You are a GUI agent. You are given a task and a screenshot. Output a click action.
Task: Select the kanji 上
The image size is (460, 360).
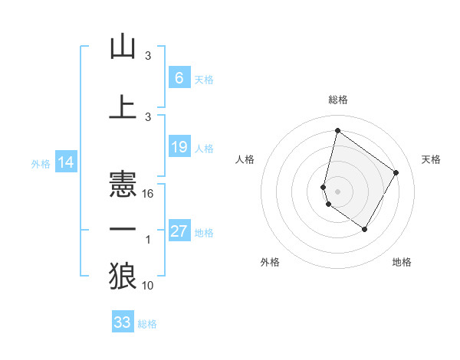pos(123,106)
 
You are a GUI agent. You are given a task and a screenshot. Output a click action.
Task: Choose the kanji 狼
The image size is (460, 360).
pos(123,275)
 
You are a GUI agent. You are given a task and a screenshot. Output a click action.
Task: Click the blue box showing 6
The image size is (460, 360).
pos(179,78)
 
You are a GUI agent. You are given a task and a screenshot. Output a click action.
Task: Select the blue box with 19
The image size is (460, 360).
pos(179,147)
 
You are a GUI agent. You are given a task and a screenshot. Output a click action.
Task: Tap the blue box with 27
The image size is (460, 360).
pos(179,231)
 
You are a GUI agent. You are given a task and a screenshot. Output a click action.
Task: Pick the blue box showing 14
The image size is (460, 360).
pos(65,162)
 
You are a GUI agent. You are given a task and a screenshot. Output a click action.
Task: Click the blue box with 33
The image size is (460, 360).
pos(123,322)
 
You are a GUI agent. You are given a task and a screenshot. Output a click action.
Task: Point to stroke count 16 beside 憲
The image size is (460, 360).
pos(149,193)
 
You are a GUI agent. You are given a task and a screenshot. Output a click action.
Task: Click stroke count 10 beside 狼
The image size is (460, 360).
pos(149,286)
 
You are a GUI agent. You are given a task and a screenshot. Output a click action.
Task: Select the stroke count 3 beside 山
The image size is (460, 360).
pos(149,56)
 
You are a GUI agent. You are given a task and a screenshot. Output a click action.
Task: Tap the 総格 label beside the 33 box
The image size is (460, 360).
pos(147,324)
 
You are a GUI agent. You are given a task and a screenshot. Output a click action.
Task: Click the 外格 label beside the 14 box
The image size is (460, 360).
pos(40,164)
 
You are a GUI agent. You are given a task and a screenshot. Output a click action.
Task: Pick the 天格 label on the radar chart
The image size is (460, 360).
pos(431,159)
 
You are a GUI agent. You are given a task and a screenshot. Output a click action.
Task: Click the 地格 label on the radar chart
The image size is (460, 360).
pos(402,262)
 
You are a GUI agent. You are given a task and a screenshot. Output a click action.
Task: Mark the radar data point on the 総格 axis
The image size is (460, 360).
pos(337,131)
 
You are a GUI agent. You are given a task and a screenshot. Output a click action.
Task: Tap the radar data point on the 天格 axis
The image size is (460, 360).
pos(396,172)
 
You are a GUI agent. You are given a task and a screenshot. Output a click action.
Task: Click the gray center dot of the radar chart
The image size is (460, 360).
pos(337,191)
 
